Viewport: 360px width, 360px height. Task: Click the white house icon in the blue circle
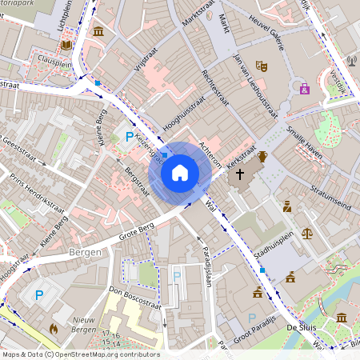[x=180, y=172]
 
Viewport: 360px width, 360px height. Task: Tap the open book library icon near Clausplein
[x=66, y=45]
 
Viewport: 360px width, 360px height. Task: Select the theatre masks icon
[x=261, y=66]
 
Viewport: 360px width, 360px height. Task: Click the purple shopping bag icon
[x=304, y=88]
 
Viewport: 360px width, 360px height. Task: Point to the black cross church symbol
[x=239, y=173]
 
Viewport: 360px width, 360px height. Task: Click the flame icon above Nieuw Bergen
[x=54, y=328]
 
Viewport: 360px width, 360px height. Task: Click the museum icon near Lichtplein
[x=98, y=30]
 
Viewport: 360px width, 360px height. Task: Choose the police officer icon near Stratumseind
[x=287, y=206]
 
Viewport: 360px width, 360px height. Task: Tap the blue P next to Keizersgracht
[x=129, y=138]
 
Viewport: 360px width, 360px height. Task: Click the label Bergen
[x=86, y=252]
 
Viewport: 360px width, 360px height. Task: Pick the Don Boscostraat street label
[x=134, y=298]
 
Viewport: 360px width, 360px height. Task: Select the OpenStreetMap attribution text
[x=80, y=354]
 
